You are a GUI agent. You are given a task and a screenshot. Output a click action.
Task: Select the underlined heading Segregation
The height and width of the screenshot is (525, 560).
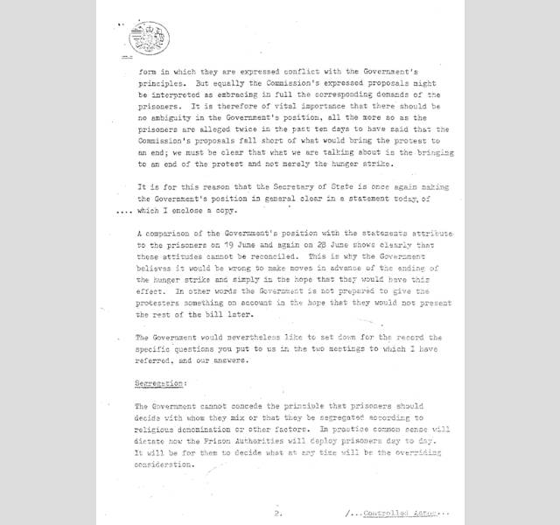(x=159, y=383)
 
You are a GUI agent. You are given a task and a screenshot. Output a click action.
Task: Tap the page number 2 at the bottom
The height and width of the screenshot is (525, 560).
(x=276, y=514)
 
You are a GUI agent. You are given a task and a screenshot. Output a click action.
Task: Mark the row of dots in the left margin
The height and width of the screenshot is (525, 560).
(x=126, y=211)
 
